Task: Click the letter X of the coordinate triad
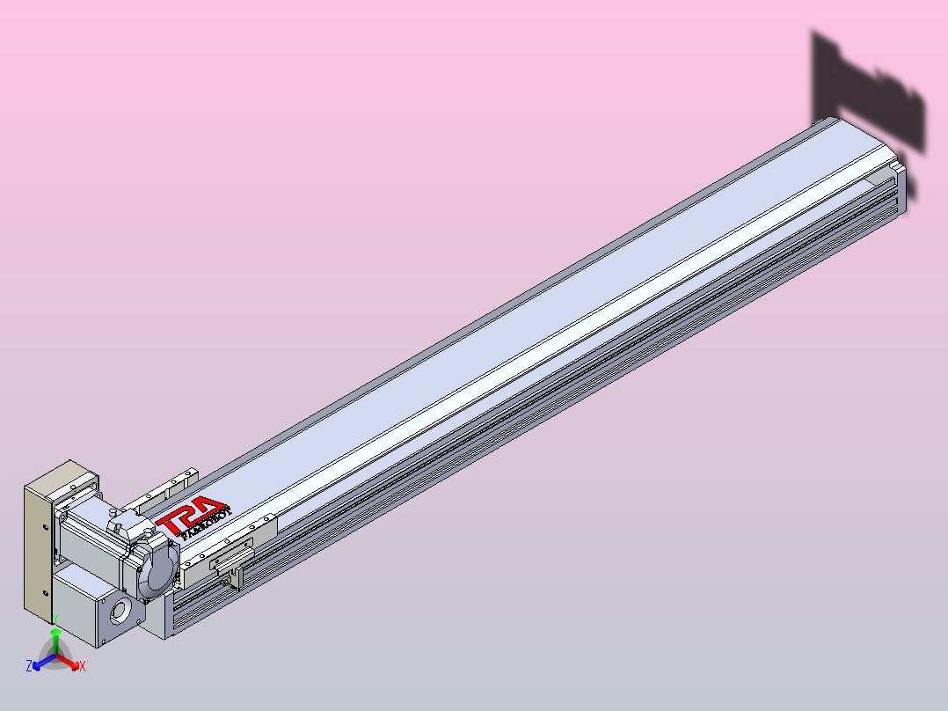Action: pos(83,667)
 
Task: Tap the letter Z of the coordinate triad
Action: pos(29,666)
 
